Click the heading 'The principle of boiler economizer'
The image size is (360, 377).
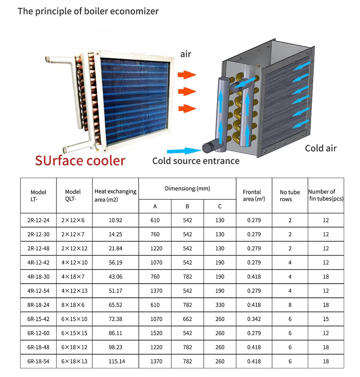pos(88,11)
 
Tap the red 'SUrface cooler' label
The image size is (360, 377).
pos(80,161)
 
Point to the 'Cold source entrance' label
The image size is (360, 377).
pos(196,161)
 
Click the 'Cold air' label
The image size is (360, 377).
pos(321,148)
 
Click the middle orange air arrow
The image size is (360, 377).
pos(187,92)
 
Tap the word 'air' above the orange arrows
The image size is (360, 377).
pos(186,54)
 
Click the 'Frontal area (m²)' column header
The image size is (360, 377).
pos(254,195)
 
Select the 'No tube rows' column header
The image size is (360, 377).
pos(290,196)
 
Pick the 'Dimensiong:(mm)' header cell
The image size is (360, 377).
pos(187,188)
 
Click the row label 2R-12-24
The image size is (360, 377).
pos(39,220)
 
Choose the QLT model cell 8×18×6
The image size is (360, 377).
pos(73,305)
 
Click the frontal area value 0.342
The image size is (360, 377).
pos(254,319)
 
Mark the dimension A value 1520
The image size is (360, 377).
pos(156,333)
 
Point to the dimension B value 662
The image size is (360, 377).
pos(187,319)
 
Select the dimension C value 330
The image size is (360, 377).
pos(220,305)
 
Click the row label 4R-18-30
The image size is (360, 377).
pos(39,277)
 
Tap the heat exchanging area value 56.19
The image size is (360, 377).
pos(116,262)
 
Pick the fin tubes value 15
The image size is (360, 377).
pos(326,319)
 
